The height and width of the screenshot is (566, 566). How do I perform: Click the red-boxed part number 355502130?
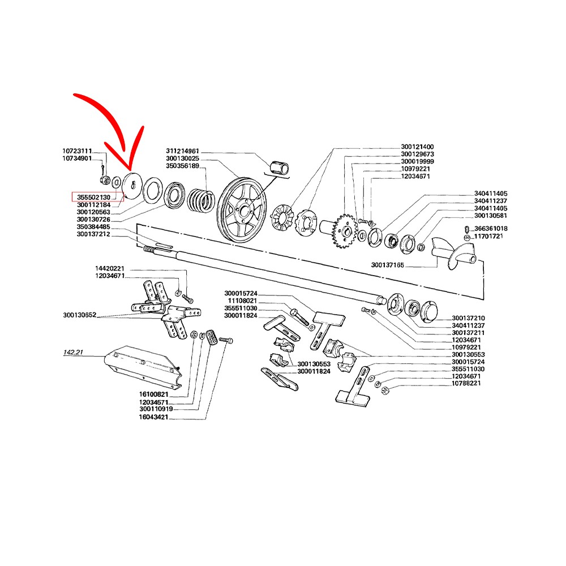click(x=93, y=197)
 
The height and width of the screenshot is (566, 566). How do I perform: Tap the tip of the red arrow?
click(x=130, y=170)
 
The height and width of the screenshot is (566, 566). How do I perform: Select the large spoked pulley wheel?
click(x=242, y=210)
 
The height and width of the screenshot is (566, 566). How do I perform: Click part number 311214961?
click(x=182, y=151)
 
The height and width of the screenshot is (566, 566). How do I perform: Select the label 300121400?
click(x=417, y=147)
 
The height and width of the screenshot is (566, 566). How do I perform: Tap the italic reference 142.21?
click(x=73, y=352)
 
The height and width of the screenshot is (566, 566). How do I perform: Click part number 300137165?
click(x=387, y=265)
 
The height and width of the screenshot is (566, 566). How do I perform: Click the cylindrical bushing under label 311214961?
click(x=280, y=168)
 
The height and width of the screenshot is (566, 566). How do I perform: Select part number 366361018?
click(x=491, y=229)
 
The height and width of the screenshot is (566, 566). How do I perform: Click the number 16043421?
click(x=153, y=417)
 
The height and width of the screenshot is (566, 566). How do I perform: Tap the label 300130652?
click(x=79, y=315)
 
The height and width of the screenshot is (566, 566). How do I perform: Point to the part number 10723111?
click(x=77, y=151)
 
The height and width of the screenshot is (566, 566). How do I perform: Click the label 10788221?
click(x=466, y=383)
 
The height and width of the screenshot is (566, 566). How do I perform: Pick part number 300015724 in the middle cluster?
click(x=241, y=293)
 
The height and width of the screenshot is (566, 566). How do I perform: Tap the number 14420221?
click(x=109, y=268)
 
